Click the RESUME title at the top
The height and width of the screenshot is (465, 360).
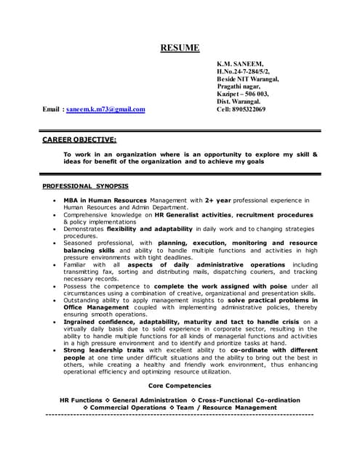pyautogui.click(x=179, y=48)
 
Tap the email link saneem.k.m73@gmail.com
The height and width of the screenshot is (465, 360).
pyautogui.click(x=105, y=110)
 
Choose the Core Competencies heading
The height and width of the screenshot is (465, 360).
pyautogui.click(x=180, y=385)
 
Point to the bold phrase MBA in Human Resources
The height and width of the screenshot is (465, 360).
pyautogui.click(x=105, y=200)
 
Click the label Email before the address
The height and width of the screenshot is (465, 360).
pyautogui.click(x=52, y=110)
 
